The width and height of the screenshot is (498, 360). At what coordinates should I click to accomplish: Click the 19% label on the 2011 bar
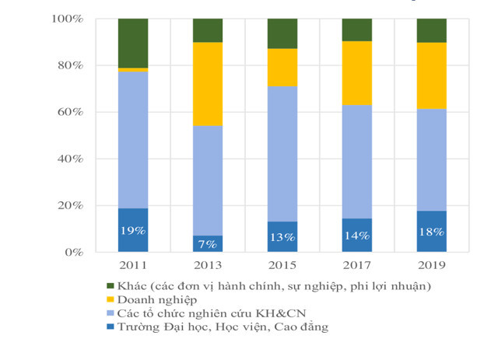pyautogui.click(x=133, y=231)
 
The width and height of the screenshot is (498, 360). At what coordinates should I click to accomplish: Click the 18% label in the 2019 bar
pyautogui.click(x=432, y=232)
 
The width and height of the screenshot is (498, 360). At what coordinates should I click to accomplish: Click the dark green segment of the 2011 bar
pyautogui.click(x=133, y=43)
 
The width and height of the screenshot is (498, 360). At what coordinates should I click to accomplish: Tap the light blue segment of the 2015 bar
pyautogui.click(x=282, y=153)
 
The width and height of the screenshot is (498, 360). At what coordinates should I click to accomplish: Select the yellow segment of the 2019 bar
pyautogui.click(x=432, y=75)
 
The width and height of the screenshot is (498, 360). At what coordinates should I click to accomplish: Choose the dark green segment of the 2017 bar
pyautogui.click(x=357, y=30)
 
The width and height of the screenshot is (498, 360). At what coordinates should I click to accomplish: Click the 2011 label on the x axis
pyautogui.click(x=133, y=267)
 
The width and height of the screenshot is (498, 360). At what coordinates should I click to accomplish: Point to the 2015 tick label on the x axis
pyautogui.click(x=282, y=267)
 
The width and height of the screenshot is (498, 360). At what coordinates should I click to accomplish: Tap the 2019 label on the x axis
pyautogui.click(x=432, y=267)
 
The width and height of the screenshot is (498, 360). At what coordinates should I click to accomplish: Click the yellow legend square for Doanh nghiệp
pyautogui.click(x=110, y=299)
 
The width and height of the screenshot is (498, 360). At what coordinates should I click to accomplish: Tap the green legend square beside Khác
pyautogui.click(x=110, y=285)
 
